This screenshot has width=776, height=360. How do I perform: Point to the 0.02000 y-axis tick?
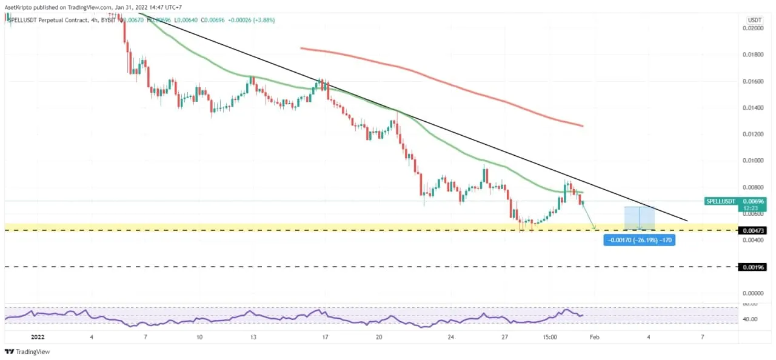tap(754, 28)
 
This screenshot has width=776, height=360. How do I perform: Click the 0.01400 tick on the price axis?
tap(754, 107)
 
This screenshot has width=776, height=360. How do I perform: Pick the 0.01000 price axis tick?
tap(754, 161)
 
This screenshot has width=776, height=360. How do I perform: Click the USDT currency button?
tap(755, 19)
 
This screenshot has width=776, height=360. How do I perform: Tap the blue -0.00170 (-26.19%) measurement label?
tap(639, 241)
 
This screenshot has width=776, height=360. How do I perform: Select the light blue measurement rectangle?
tap(640, 218)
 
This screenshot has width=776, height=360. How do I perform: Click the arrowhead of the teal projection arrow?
tap(594, 228)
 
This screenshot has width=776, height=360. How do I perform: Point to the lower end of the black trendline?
tap(687, 221)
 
